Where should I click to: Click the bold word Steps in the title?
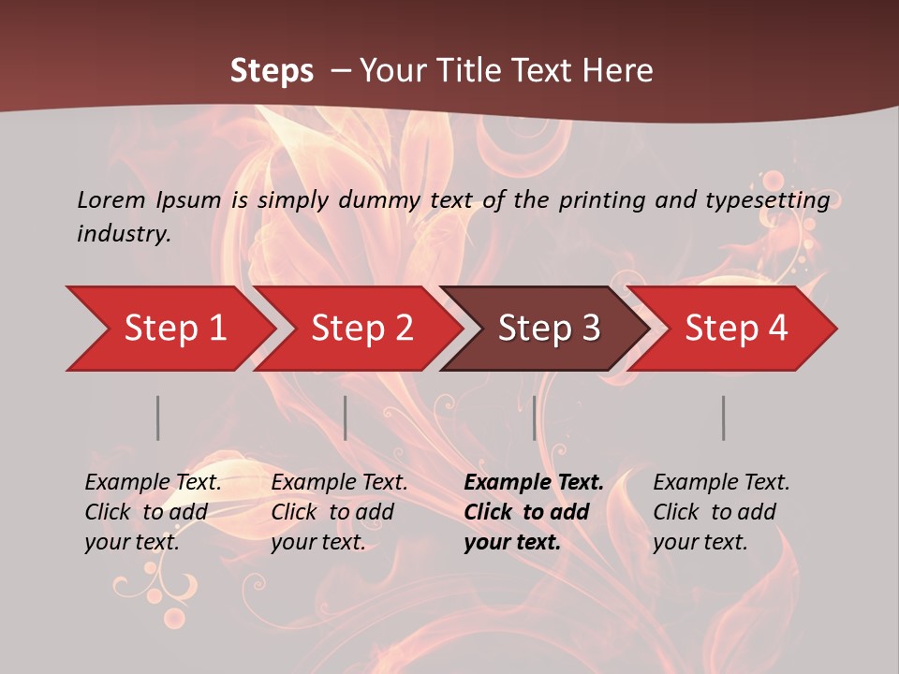point(272,71)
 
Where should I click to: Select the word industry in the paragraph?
point(124,233)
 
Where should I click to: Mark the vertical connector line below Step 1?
point(158,418)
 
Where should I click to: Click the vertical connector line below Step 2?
point(346,418)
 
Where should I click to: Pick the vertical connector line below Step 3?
point(534,418)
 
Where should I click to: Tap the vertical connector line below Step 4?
point(723,418)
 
